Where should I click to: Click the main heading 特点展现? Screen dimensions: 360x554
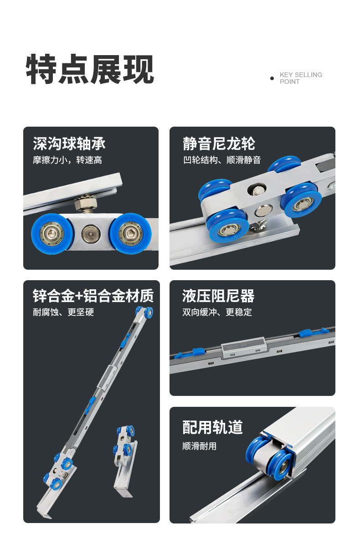tap(90, 69)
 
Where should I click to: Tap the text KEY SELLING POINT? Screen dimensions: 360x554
tap(301, 78)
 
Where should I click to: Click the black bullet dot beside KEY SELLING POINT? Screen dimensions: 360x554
tap(272, 78)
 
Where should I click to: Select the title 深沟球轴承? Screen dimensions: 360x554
tap(69, 144)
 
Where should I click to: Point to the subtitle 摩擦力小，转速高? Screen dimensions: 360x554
tap(67, 160)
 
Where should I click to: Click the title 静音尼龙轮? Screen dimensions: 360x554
tap(219, 144)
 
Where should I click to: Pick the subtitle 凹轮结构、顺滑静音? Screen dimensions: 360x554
tap(222, 160)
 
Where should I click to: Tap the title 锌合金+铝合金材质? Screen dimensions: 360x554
tap(93, 296)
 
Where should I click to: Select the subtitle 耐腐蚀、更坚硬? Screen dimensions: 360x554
tap(63, 312)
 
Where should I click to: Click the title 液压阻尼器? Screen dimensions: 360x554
tap(218, 296)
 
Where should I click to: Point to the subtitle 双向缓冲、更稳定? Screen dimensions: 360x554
tap(217, 312)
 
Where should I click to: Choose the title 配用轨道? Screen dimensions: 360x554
tap(212, 427)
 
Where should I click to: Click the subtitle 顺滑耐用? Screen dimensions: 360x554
tap(200, 446)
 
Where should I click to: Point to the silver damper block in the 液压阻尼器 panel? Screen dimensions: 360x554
tap(244, 347)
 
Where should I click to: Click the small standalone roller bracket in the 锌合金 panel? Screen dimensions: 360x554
tap(126, 461)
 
